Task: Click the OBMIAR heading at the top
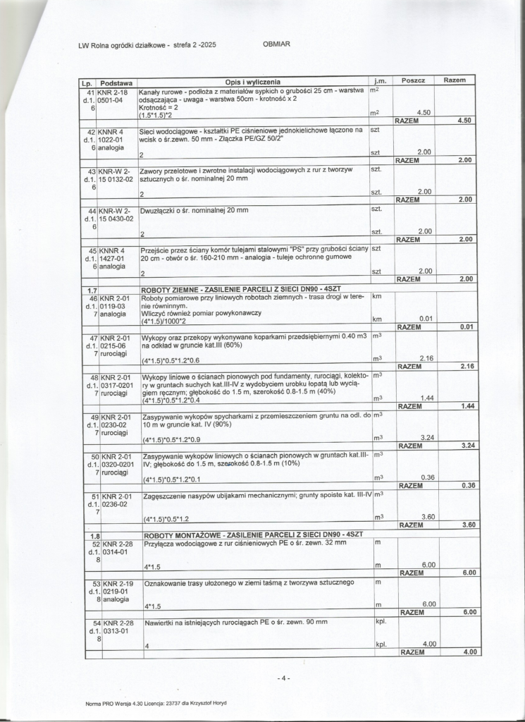(x=276, y=44)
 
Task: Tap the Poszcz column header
(x=413, y=81)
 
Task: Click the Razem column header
(x=455, y=80)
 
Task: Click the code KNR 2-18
(x=113, y=92)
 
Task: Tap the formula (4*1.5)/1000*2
(x=168, y=322)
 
